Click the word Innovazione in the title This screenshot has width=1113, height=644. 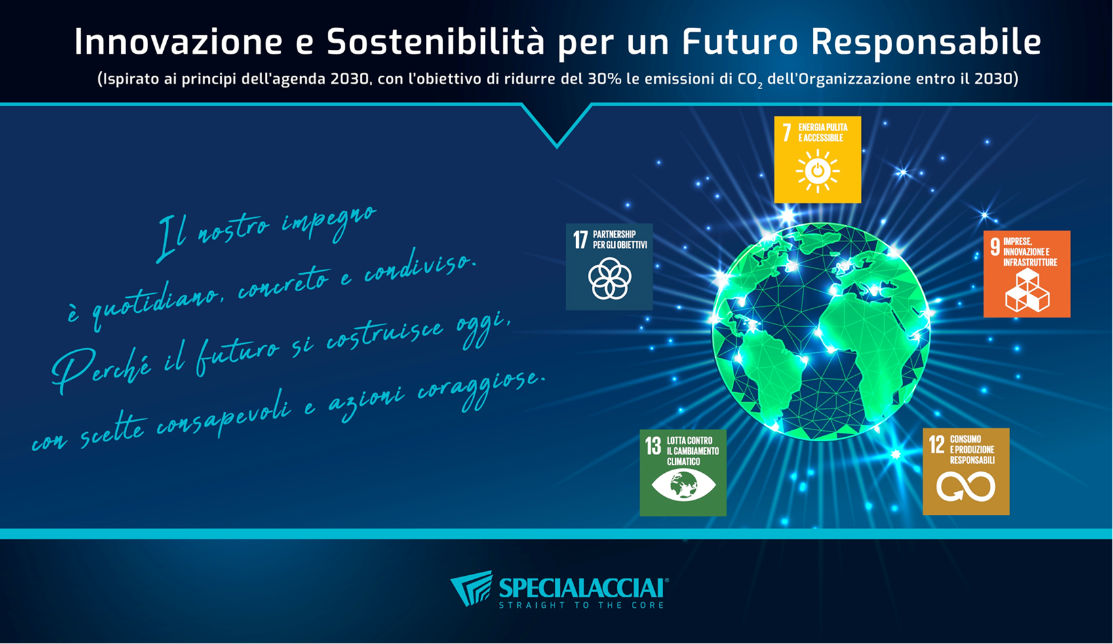[178, 42]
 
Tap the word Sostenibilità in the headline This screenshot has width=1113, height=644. [435, 42]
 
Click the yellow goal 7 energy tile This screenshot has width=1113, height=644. [817, 159]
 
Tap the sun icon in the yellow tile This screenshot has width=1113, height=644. [817, 172]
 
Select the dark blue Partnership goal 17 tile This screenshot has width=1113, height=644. [609, 267]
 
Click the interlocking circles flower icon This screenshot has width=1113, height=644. [610, 279]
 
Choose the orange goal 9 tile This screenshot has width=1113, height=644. [1026, 274]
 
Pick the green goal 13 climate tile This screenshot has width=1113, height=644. [683, 472]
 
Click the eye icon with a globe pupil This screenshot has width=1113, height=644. [683, 486]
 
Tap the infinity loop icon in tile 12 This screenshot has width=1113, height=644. [966, 487]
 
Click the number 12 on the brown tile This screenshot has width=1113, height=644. [937, 445]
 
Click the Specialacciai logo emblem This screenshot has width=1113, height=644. [471, 588]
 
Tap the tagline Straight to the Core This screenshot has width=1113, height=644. [581, 605]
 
